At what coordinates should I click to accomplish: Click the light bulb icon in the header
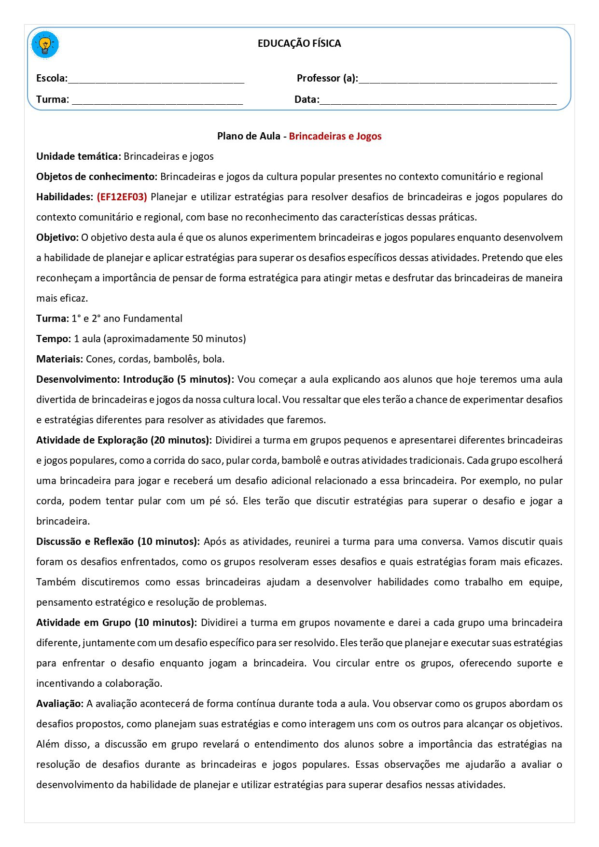pyautogui.click(x=45, y=45)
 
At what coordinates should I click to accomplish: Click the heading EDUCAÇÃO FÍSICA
pyautogui.click(x=299, y=43)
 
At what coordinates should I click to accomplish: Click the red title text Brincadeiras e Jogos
pyautogui.click(x=335, y=136)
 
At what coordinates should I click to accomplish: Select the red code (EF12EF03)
pyautogui.click(x=122, y=197)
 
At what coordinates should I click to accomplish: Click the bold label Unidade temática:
pyautogui.click(x=78, y=156)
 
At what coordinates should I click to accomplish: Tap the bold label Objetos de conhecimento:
pyautogui.click(x=97, y=177)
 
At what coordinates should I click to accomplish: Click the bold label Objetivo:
pyautogui.click(x=57, y=237)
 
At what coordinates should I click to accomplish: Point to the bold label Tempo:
pyautogui.click(x=54, y=339)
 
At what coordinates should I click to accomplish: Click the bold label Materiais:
pyautogui.click(x=59, y=359)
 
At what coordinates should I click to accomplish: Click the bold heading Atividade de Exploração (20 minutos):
pyautogui.click(x=124, y=440)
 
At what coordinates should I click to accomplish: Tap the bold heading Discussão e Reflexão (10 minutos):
pyautogui.click(x=118, y=542)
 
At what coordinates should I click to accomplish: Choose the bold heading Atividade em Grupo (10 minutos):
pyautogui.click(x=116, y=623)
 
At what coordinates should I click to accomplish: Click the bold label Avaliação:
pyautogui.click(x=60, y=704)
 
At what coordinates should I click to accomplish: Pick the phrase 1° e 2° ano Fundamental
pyautogui.click(x=127, y=319)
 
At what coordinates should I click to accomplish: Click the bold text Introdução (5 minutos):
pyautogui.click(x=178, y=379)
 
